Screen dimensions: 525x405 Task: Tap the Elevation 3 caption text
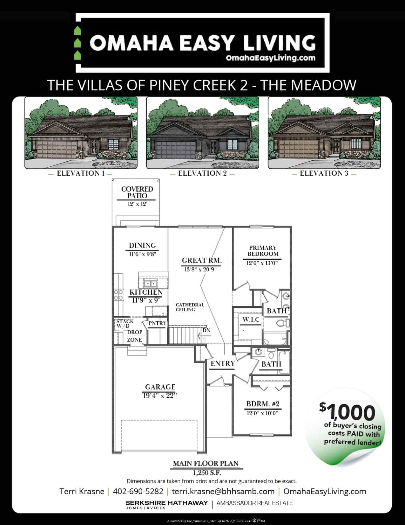(324, 173)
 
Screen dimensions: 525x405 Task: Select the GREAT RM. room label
(202, 260)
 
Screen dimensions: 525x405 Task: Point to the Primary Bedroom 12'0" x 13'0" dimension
(262, 263)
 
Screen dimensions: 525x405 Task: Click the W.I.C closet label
(251, 319)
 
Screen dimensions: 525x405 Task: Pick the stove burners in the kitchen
(119, 295)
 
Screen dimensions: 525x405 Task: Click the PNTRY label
(158, 323)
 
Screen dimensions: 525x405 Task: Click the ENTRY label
(223, 363)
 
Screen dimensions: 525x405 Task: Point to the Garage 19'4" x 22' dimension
(160, 396)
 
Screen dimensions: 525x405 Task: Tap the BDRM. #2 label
(263, 404)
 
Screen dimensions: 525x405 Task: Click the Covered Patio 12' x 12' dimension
(137, 204)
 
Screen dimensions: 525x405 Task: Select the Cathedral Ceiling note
(190, 307)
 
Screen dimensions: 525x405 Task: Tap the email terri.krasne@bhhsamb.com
(223, 491)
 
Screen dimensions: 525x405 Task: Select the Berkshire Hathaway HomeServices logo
(167, 504)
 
